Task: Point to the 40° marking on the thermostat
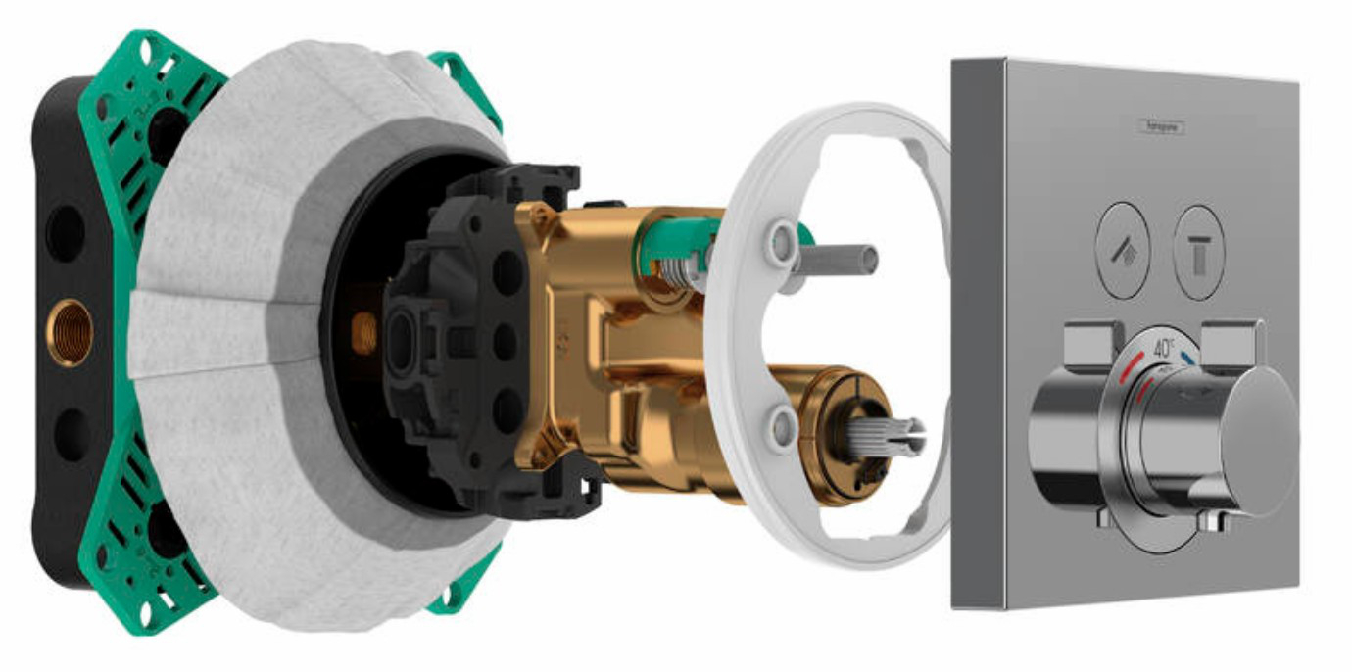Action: coord(1163,347)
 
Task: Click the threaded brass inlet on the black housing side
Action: coord(69,333)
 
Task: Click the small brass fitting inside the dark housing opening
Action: coord(363,332)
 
